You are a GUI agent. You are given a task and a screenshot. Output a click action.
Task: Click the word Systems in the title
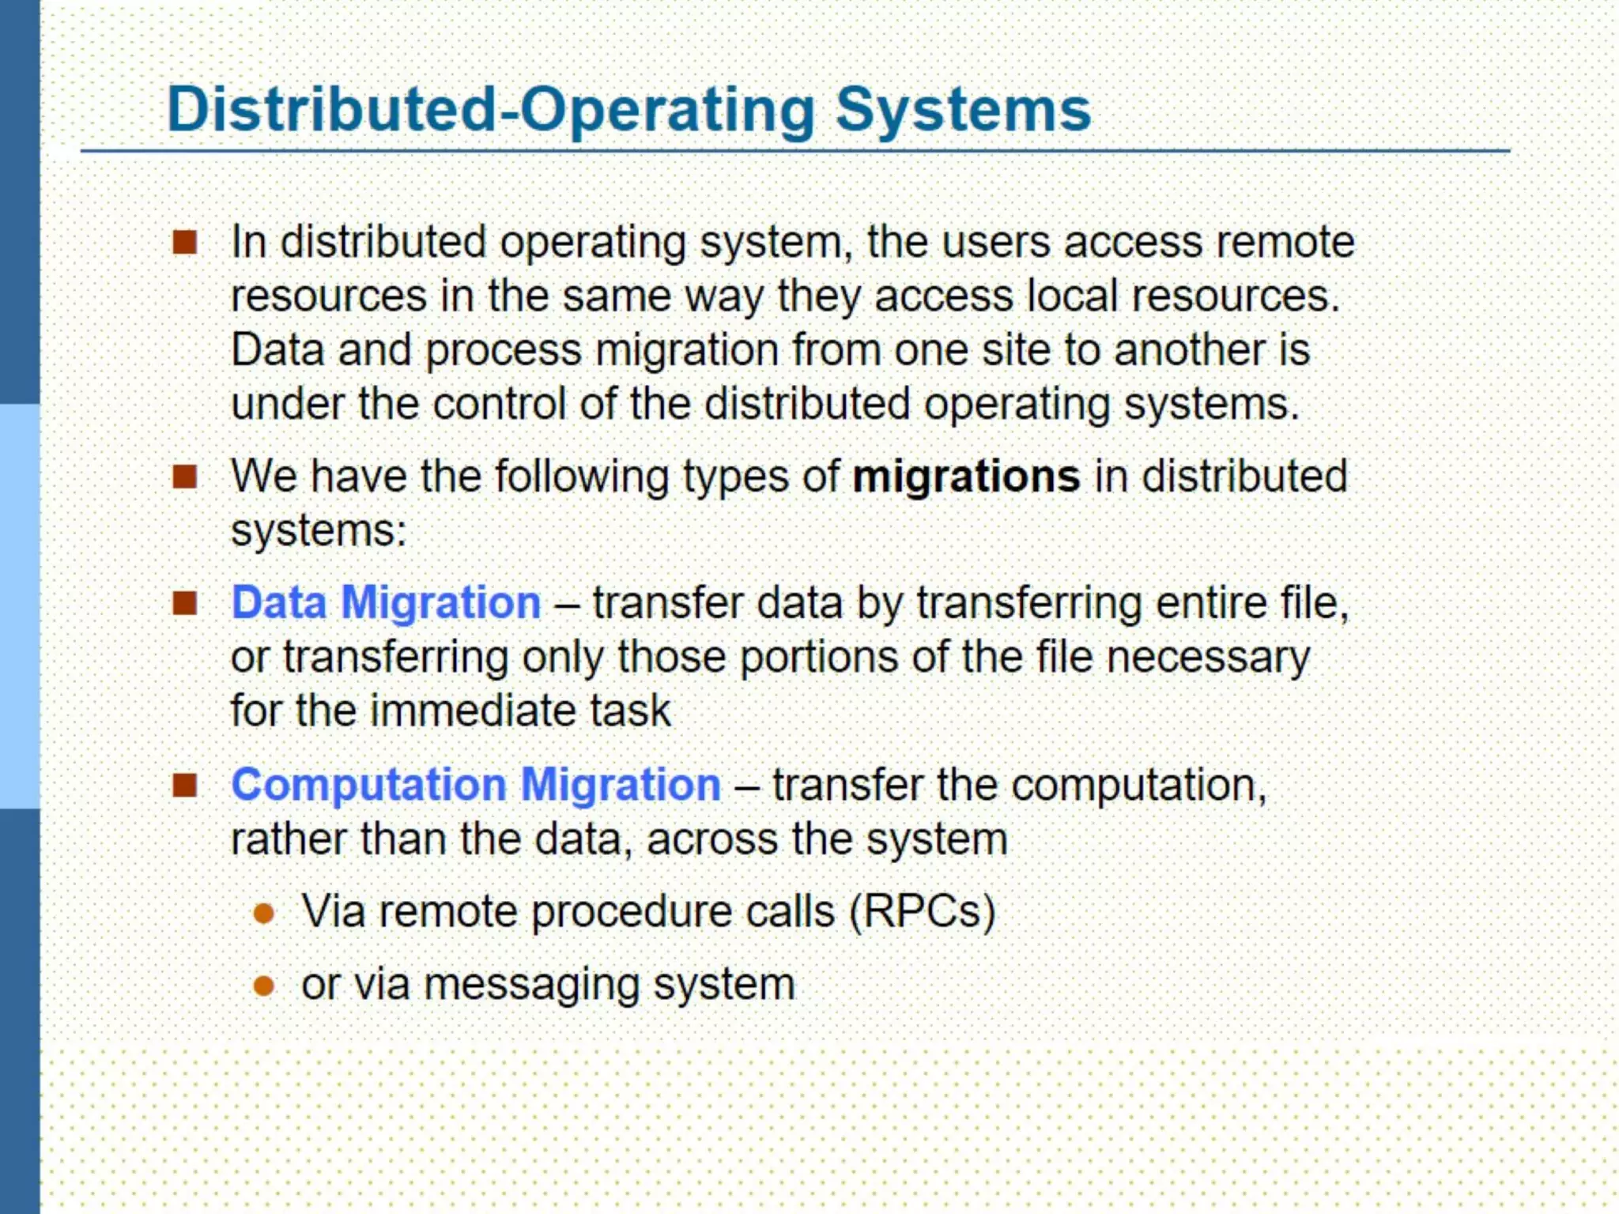(x=963, y=110)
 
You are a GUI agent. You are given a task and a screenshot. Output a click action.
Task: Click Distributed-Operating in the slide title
(x=490, y=110)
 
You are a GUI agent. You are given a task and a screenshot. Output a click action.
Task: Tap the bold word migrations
(x=966, y=477)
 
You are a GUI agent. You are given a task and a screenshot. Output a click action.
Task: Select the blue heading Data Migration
(x=386, y=603)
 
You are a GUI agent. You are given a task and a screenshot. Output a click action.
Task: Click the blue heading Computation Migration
(x=475, y=785)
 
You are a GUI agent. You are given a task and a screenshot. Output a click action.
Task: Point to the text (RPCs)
(x=922, y=911)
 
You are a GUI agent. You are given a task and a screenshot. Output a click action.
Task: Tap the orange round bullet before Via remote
(x=263, y=914)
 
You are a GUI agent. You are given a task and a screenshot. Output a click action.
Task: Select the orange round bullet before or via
(x=263, y=986)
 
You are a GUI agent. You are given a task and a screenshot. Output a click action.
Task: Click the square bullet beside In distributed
(x=184, y=243)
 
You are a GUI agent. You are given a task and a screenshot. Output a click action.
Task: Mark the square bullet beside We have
(x=184, y=477)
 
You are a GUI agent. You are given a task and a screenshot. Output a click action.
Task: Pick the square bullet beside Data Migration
(x=184, y=604)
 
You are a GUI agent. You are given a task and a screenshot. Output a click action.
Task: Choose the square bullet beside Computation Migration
(x=184, y=786)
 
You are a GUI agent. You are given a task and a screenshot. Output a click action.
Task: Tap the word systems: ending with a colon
(x=318, y=530)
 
